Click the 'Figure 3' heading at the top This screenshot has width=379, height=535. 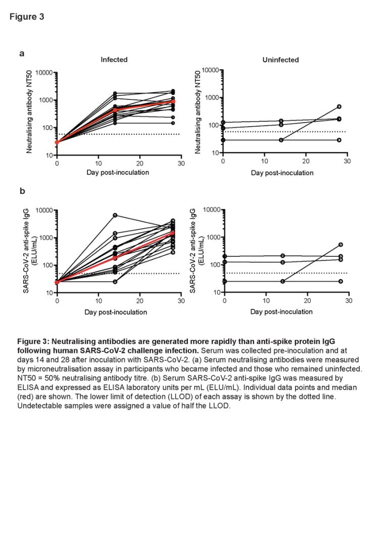click(27, 17)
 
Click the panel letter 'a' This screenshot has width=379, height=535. click(22, 53)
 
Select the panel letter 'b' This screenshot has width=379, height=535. click(22, 191)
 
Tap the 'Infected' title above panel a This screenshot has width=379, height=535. click(114, 60)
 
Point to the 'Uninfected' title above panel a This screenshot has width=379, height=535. click(280, 60)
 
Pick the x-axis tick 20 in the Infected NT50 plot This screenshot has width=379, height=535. click(139, 164)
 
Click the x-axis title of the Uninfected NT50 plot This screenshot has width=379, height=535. click(282, 173)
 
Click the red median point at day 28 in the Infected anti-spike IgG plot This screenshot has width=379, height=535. click(173, 233)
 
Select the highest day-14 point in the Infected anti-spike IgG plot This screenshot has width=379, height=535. click(115, 216)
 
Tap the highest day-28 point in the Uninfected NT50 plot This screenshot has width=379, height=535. click(339, 106)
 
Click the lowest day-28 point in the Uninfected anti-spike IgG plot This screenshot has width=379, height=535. click(341, 281)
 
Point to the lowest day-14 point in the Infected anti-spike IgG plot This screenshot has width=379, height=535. click(115, 282)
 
